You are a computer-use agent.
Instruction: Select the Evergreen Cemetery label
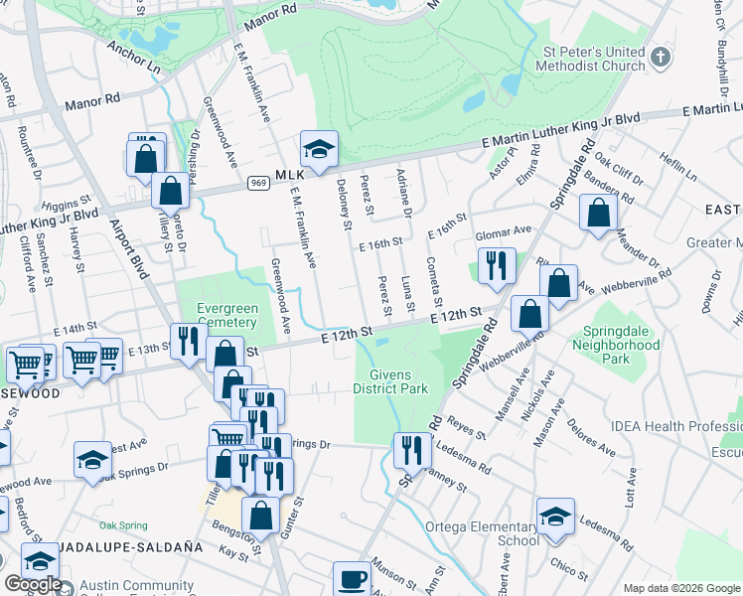(227, 315)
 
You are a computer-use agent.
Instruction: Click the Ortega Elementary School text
(482, 533)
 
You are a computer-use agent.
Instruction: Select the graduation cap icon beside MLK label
(319, 150)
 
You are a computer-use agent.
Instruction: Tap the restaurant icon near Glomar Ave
(496, 266)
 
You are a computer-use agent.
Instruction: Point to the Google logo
(32, 584)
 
